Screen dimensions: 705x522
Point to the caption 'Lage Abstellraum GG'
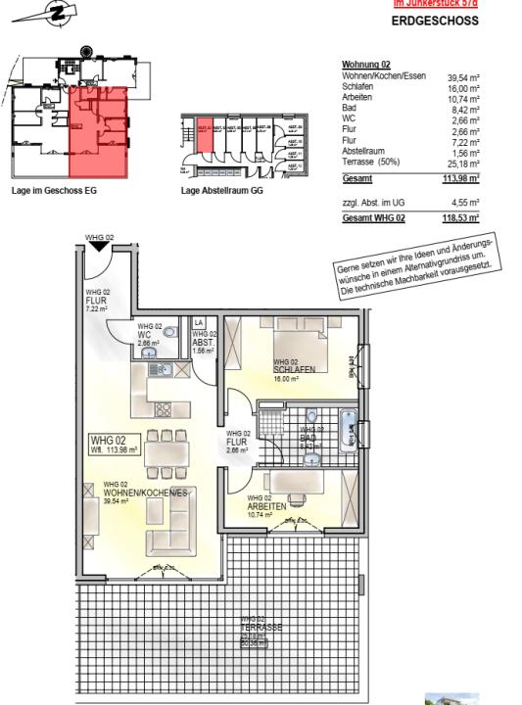(x=223, y=192)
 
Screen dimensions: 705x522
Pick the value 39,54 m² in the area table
(x=462, y=76)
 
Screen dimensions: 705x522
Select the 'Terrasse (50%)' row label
(x=371, y=163)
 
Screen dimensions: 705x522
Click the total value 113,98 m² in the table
(x=459, y=179)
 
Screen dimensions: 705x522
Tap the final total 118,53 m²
(x=459, y=218)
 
